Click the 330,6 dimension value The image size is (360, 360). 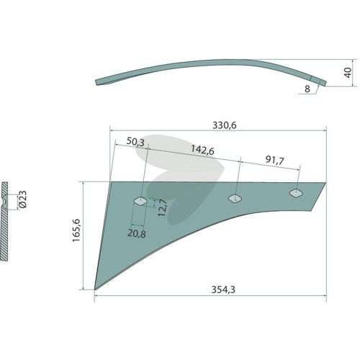click(x=225, y=125)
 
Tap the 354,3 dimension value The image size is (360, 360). click(x=223, y=289)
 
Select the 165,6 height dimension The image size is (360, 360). click(x=76, y=230)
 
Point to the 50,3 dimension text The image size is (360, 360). click(x=135, y=142)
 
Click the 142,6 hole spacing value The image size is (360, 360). click(x=202, y=150)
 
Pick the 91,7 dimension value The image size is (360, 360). click(x=275, y=160)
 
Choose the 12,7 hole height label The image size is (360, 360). click(x=163, y=208)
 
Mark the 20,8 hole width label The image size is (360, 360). click(x=137, y=233)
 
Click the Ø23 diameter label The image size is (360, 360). click(x=22, y=199)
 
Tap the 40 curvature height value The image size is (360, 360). click(x=348, y=73)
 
